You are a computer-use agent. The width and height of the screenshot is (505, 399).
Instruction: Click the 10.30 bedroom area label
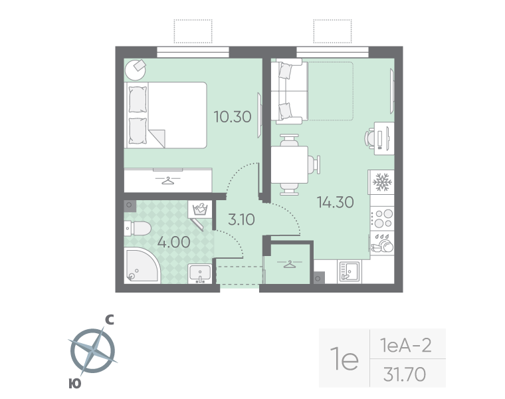[x=233, y=116]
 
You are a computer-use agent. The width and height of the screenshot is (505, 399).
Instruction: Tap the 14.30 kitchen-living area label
[x=336, y=202]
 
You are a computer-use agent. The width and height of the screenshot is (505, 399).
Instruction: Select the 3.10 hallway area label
[x=241, y=219]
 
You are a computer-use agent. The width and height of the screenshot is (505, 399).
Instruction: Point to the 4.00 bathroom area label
[x=173, y=242]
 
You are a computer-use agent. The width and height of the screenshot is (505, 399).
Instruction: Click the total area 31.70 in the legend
[x=405, y=374]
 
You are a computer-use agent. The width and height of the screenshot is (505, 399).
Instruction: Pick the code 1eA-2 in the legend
[x=405, y=346]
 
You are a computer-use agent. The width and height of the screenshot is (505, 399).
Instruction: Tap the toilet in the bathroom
[x=138, y=229]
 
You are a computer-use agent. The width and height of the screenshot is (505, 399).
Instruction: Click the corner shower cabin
[x=142, y=266]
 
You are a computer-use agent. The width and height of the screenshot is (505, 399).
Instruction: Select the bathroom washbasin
[x=200, y=273]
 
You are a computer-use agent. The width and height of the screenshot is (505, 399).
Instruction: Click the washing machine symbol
[x=200, y=209]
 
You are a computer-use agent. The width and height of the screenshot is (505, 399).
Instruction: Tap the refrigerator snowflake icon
[x=382, y=182]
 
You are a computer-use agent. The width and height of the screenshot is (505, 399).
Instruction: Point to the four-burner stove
[x=382, y=218]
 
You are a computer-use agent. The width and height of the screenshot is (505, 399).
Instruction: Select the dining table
[x=290, y=164]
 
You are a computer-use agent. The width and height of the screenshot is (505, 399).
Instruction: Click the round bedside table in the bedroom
[x=136, y=70]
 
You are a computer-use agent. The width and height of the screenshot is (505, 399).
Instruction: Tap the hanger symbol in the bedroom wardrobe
[x=167, y=180]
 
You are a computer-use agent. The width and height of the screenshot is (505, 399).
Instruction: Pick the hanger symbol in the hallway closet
[x=289, y=264]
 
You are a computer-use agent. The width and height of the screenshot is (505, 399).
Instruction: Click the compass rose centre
[x=93, y=350]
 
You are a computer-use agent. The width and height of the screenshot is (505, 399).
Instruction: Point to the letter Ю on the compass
[x=74, y=384]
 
